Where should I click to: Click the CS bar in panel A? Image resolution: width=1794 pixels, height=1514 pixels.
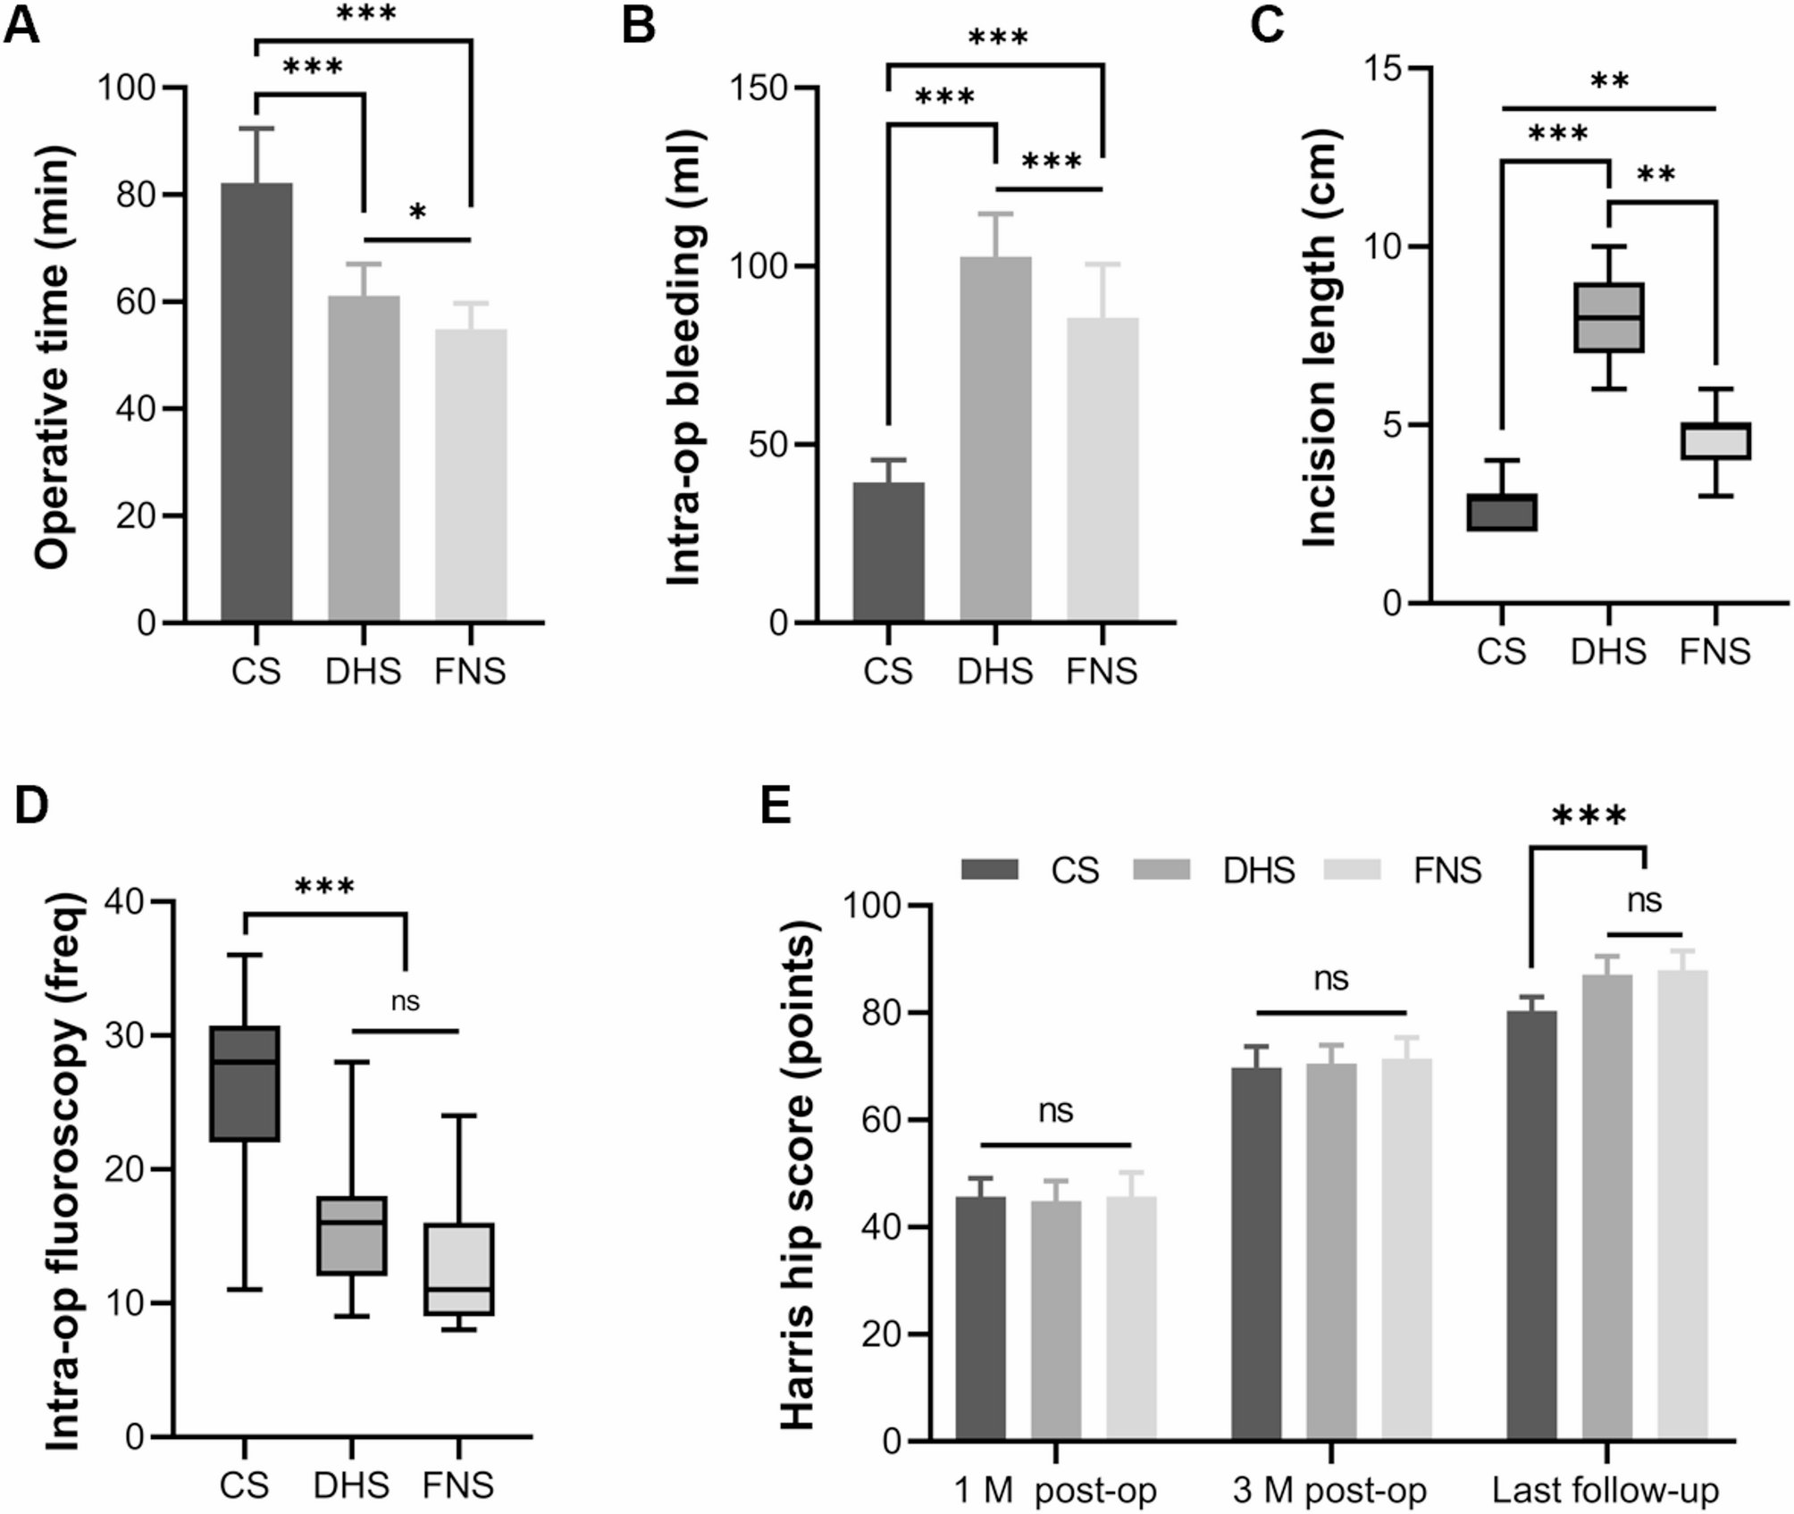click(256, 402)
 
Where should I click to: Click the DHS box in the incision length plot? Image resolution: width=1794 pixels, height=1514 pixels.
click(1608, 317)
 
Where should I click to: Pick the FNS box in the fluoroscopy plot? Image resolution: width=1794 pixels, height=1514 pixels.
click(459, 1268)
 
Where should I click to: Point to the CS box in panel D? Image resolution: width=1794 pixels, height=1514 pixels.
click(245, 1083)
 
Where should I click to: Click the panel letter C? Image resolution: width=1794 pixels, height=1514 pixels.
click(1266, 24)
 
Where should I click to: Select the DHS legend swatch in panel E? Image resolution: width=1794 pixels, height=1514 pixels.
click(1161, 869)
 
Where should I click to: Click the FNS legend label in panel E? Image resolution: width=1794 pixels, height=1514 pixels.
click(1446, 870)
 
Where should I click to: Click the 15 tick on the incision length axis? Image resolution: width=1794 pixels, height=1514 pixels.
click(1383, 69)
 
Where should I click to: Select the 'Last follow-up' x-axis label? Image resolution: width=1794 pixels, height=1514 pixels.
click(1605, 1490)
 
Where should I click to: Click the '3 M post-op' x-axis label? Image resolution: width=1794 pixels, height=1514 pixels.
click(1329, 1490)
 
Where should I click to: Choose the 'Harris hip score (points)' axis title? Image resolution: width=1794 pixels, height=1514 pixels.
click(798, 1170)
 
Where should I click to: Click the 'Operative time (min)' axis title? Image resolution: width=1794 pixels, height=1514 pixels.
click(52, 357)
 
